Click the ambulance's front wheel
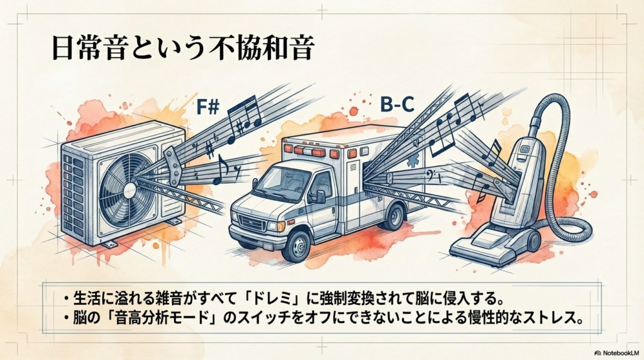pos(296,245)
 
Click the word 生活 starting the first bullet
pos(84,296)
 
